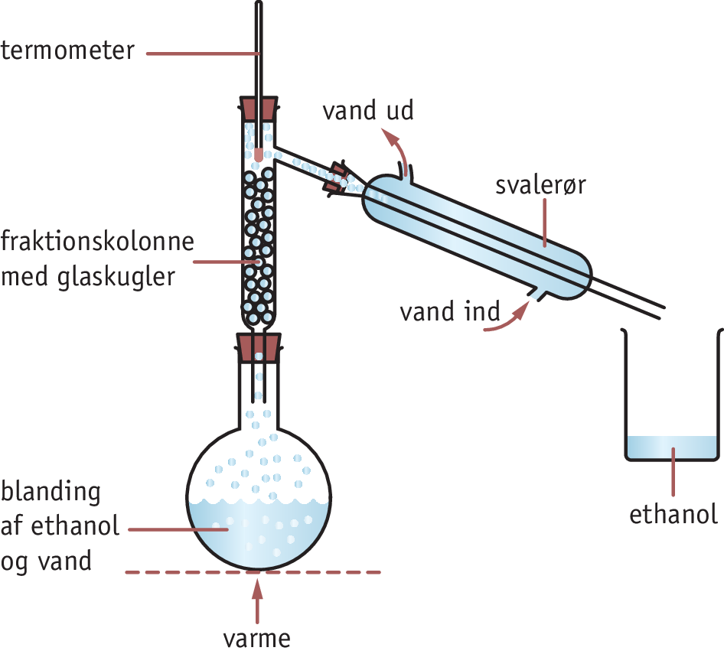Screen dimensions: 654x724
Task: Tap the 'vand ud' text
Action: click(x=367, y=111)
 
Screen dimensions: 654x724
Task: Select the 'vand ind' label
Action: click(x=449, y=312)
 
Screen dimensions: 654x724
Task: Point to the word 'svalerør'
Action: click(x=540, y=186)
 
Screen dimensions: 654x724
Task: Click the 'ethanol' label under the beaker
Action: click(x=673, y=515)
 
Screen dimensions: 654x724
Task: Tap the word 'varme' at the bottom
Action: click(x=257, y=638)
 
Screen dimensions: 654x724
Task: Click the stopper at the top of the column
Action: click(x=259, y=107)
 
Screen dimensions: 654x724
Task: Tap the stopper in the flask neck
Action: click(x=259, y=347)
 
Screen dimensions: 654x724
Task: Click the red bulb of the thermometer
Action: click(x=259, y=154)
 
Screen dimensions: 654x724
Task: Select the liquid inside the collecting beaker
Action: click(x=673, y=447)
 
